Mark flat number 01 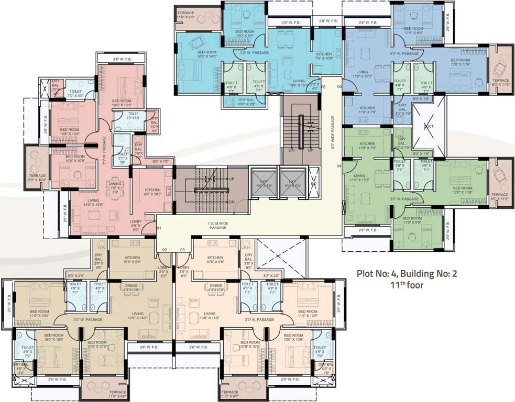(158, 228)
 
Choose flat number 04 (338, 166)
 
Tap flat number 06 (323, 86)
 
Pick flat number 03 (182, 250)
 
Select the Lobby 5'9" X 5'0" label (136, 225)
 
